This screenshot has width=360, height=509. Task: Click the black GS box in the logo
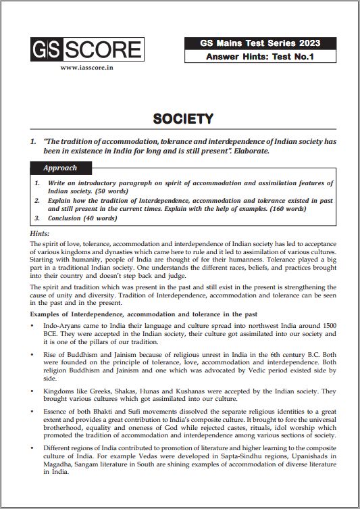[x=45, y=49]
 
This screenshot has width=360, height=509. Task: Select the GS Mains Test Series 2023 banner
[x=260, y=43]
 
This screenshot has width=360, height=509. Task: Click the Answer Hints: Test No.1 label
[x=260, y=57]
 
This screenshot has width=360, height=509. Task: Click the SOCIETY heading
[x=183, y=119]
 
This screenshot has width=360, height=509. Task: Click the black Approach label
[x=60, y=168]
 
